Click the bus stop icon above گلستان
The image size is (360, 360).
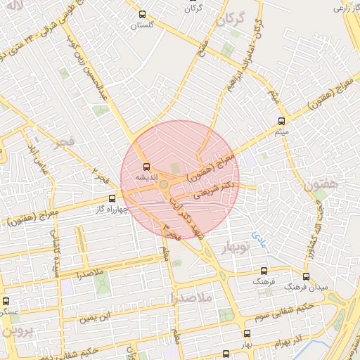point(143,14)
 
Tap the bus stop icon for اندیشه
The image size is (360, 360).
point(146,167)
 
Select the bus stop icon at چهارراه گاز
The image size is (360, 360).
point(112,199)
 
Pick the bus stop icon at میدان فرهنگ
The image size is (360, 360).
point(306,276)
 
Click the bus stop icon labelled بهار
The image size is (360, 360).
point(246,333)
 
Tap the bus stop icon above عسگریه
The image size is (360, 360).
point(6,301)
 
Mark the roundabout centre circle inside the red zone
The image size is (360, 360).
point(164,184)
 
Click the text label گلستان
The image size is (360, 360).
point(143,25)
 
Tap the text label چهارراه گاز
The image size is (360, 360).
point(112,209)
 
